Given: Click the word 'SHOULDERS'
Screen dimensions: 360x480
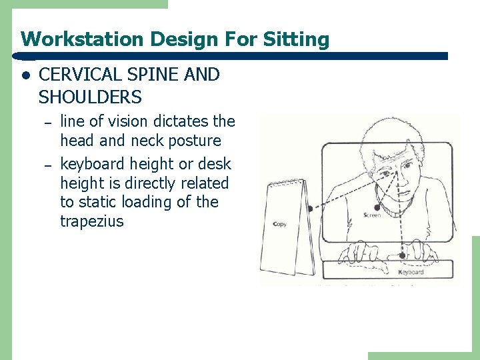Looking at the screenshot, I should click(x=90, y=97).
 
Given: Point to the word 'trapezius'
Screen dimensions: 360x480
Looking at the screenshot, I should click(x=92, y=221).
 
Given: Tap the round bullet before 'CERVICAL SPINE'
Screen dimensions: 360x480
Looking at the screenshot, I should click(x=25, y=75).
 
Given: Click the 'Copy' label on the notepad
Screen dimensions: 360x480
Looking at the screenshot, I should click(x=280, y=224).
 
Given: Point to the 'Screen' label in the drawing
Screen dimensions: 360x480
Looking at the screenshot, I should click(x=373, y=215).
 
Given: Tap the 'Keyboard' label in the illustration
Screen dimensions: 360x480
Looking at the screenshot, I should click(x=411, y=272).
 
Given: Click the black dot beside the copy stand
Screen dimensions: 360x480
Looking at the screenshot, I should click(x=309, y=209).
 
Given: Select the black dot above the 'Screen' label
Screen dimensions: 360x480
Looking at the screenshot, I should click(x=377, y=207).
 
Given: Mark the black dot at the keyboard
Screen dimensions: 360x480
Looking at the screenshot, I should click(x=402, y=255).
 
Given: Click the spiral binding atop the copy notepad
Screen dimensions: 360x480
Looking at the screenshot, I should click(x=285, y=182).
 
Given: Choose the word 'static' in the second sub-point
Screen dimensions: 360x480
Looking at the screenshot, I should click(x=99, y=202).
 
